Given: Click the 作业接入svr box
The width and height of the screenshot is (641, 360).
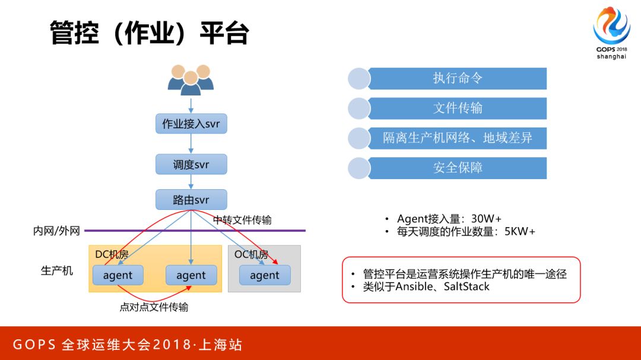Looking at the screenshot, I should click(191, 124).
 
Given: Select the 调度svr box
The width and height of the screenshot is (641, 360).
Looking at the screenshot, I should click(191, 164).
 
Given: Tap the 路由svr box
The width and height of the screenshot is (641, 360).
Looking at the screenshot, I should click(191, 200).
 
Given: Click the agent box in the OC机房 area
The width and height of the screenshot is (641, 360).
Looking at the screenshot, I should click(265, 275).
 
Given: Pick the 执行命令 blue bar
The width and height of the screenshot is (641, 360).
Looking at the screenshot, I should click(457, 78).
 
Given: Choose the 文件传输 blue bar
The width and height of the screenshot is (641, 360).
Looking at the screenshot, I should click(457, 108).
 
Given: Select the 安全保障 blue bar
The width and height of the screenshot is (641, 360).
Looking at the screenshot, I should click(457, 168).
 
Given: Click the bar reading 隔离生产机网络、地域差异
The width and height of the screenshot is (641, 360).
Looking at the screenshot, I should click(457, 138).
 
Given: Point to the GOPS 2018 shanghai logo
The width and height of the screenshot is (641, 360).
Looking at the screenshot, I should click(611, 33).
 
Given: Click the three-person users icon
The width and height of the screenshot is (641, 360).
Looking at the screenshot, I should click(191, 79).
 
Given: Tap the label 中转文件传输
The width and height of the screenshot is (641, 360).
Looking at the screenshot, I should click(242, 220).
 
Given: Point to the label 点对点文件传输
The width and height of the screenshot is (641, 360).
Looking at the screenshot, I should click(154, 307).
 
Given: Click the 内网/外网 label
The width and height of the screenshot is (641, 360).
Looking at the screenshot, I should click(56, 231).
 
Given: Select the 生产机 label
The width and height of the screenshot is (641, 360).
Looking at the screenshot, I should click(57, 270).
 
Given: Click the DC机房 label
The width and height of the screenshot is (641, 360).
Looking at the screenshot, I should click(112, 254).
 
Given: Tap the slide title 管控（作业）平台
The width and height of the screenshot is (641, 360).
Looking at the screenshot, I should click(149, 34).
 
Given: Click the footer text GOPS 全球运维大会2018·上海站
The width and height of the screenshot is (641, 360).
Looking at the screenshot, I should click(128, 345).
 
